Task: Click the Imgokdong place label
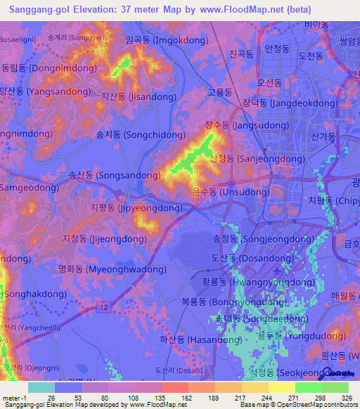[157, 41]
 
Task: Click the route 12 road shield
[105, 306]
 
